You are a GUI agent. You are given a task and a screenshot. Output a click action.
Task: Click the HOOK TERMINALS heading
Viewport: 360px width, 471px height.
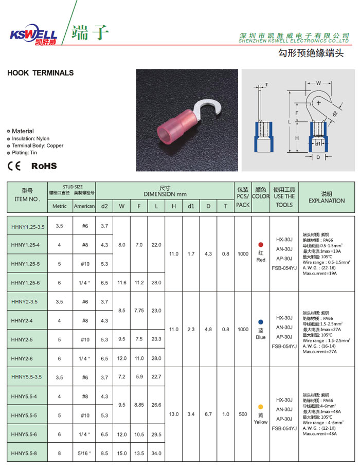[x=41, y=73]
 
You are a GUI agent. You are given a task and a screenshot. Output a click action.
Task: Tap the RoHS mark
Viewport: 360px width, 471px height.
[x=44, y=166]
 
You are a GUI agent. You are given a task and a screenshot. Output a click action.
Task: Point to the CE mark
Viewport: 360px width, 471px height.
[x=14, y=166]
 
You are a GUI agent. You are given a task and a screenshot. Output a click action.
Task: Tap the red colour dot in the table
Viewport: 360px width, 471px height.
[x=261, y=244]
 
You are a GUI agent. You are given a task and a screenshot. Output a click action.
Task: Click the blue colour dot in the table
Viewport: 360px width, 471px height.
[x=261, y=321]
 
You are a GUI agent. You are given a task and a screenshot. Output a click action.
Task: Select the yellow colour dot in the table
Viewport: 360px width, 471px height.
[x=261, y=407]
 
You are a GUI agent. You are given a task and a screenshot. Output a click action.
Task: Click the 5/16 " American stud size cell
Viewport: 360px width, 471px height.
[x=85, y=453]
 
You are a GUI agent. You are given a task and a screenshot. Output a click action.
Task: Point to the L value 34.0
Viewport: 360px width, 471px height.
[x=156, y=453]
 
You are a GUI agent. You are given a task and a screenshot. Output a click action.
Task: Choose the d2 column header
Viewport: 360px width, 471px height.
[x=104, y=206]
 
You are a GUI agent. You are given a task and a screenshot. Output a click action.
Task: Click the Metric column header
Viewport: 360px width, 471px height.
[x=60, y=206]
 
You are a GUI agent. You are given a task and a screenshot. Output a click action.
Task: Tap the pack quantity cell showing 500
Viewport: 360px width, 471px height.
[x=243, y=414]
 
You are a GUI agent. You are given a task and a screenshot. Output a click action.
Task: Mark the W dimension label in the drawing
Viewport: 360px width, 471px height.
[x=318, y=82]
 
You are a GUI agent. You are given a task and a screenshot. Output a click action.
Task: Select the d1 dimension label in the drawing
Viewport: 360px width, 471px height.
[x=318, y=143]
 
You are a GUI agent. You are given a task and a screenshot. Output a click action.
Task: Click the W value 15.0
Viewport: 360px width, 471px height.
[x=122, y=453]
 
